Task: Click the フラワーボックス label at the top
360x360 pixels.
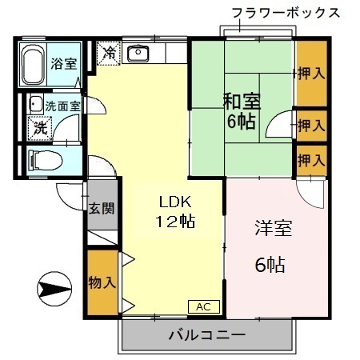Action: coord(285,13)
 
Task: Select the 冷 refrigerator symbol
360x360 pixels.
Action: coord(109,54)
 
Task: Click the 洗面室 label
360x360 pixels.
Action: coord(62,105)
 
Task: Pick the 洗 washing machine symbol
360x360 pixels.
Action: coord(38,126)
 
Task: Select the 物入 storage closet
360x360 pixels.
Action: coord(102,282)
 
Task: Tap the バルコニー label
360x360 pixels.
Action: coord(206,334)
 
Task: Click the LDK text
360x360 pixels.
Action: coord(174,201)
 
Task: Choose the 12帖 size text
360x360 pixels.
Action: coord(174,221)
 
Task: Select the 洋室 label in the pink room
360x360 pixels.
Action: coord(272,228)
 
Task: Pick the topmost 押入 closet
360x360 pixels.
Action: coord(311,74)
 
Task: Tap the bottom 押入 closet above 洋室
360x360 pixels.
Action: coord(311,160)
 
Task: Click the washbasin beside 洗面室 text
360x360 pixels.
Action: coord(35,104)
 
